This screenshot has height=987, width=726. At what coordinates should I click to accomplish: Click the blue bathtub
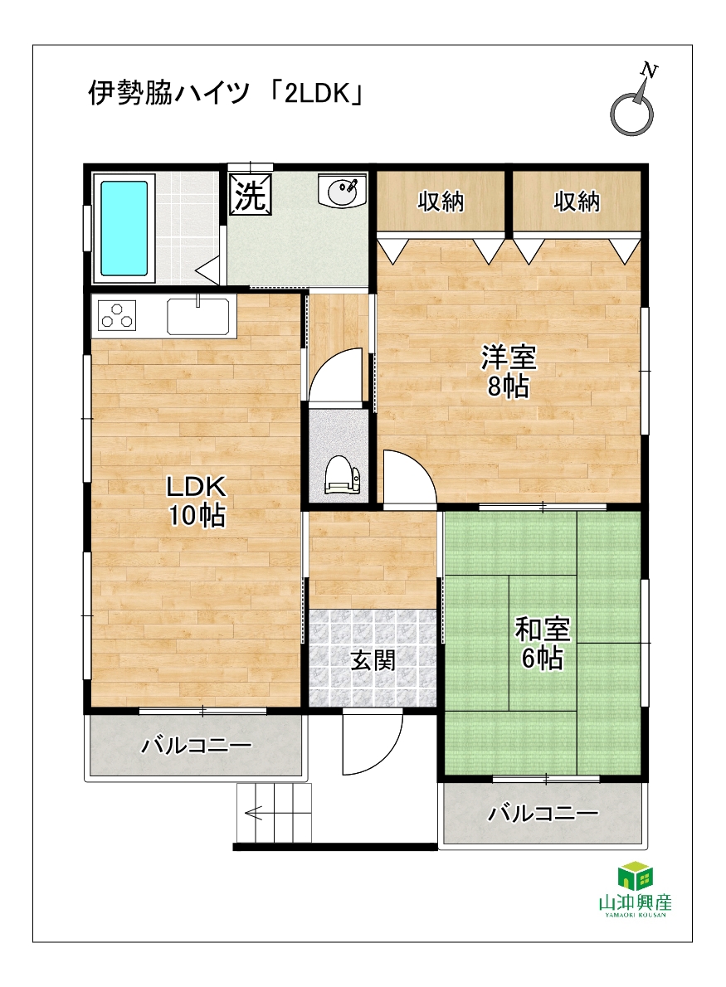coord(124,228)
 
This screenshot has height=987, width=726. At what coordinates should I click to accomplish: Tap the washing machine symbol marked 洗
coord(251,195)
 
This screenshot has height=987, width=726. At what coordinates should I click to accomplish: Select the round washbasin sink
coord(341,191)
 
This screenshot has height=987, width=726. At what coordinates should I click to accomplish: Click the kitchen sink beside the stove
coord(197,315)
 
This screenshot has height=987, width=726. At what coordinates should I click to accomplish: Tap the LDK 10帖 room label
coord(196,500)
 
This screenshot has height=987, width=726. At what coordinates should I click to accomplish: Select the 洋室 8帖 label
coord(508,372)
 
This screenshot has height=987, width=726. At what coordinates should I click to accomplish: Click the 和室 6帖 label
coord(542,644)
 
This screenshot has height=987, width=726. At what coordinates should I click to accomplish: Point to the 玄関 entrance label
coord(373,660)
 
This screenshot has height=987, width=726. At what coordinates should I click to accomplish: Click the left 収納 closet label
coord(441,202)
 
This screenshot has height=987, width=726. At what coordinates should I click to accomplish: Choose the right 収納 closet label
coord(577,202)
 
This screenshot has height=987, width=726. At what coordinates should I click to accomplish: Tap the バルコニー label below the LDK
coord(197,746)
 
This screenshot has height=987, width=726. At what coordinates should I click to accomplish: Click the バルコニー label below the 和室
coord(543,814)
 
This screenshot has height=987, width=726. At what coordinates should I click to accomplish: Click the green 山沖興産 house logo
coord(635,876)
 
